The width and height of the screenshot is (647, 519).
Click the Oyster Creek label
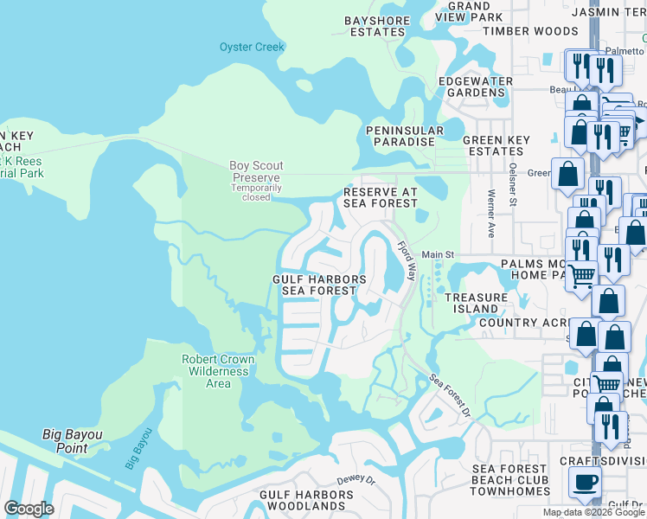pyautogui.click(x=252, y=47)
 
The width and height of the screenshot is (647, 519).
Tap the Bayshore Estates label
pyautogui.click(x=375, y=26)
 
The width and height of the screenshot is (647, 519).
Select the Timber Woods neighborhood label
pyautogui.click(x=529, y=30)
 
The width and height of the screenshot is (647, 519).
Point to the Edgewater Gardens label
pyautogui.click(x=476, y=87)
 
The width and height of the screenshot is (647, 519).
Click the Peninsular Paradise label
pyautogui.click(x=403, y=136)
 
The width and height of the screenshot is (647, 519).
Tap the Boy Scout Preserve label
pyautogui.click(x=256, y=171)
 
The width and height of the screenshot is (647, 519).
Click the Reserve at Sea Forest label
pyautogui.click(x=381, y=197)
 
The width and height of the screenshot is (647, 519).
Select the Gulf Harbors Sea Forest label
pyautogui.click(x=319, y=285)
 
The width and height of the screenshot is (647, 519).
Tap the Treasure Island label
pyautogui.click(x=476, y=303)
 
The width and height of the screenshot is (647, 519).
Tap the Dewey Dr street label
pyautogui.click(x=356, y=478)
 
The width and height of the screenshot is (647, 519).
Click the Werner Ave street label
pyautogui.click(x=491, y=215)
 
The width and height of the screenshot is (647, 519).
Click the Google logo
pyautogui.click(x=29, y=509)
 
